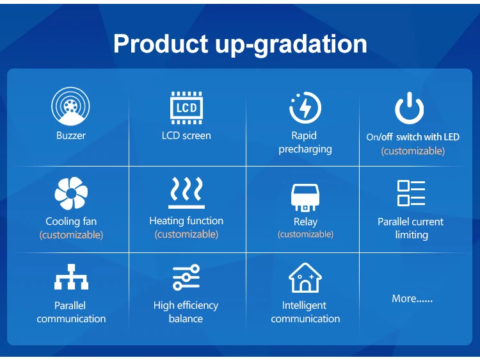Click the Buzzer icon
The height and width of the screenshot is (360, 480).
(x=70, y=106)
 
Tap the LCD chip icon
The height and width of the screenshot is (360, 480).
(x=186, y=108)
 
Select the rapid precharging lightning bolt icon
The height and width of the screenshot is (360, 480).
(x=305, y=108)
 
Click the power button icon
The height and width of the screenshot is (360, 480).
(x=410, y=108)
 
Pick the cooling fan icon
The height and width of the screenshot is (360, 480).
(x=71, y=193)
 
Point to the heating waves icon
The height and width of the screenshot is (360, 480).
(x=186, y=193)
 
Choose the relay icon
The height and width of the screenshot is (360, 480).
(x=305, y=198)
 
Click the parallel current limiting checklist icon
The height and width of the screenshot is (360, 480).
(x=411, y=193)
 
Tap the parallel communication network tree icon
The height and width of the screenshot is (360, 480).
(x=71, y=277)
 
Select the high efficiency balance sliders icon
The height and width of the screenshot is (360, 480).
(x=186, y=277)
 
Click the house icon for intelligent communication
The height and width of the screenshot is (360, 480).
(x=305, y=277)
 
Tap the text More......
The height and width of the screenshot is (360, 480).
(x=412, y=299)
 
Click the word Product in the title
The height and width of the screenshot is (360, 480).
(x=161, y=44)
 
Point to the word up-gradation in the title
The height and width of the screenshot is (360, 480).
(x=291, y=45)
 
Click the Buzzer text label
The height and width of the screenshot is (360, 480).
(x=71, y=135)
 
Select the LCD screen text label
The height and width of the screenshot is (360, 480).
(x=186, y=135)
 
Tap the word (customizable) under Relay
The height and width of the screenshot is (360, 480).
(x=305, y=234)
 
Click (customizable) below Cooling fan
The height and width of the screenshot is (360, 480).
(x=71, y=235)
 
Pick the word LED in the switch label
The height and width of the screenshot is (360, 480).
(x=452, y=137)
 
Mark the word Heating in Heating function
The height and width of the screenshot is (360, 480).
(x=166, y=221)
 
